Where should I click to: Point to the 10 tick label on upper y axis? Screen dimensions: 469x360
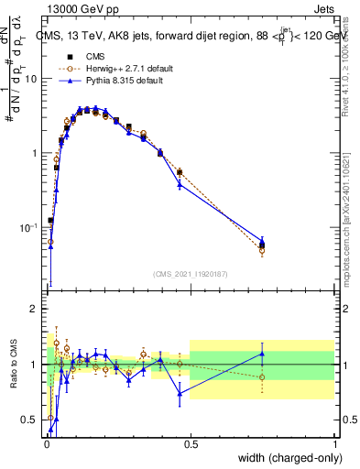pos(31,79)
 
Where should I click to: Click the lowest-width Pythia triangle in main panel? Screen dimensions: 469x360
pos(50,245)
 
